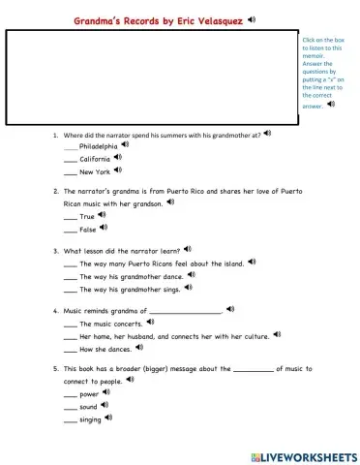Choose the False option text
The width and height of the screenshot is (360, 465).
pos(88,230)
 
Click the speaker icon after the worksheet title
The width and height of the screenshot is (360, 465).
pos(252,18)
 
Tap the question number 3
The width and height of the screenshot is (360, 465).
pos(55,251)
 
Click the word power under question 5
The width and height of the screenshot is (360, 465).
pos(89,394)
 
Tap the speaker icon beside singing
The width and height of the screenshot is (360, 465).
pos(108,418)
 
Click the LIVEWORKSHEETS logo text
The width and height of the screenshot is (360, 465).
pos(308,454)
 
